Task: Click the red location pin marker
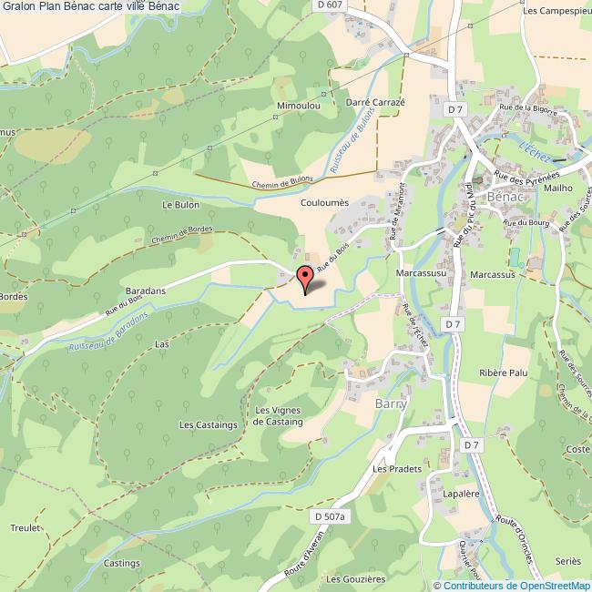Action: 305,279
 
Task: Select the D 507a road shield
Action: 330,517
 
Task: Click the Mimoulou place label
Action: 297,107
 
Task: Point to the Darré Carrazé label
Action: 375,102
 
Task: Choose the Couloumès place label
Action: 325,204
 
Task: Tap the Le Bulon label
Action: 180,205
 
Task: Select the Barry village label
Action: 390,403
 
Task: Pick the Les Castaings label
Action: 208,424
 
